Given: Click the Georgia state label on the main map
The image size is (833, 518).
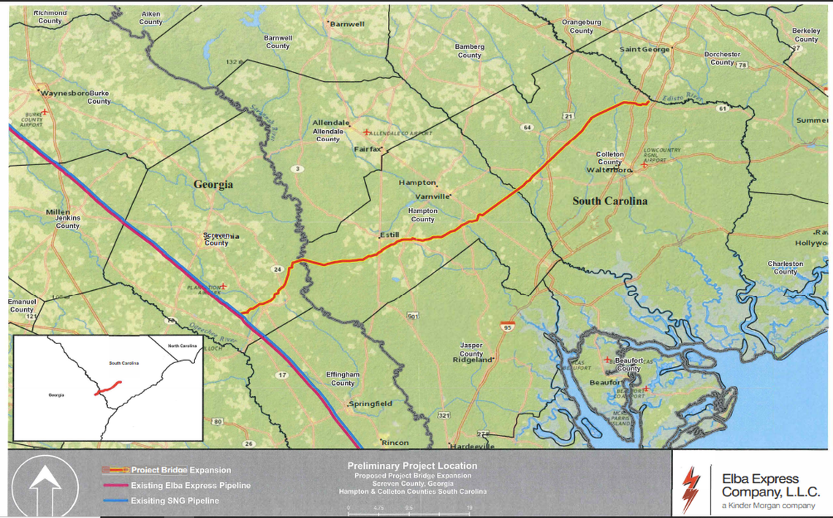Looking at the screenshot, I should click(x=213, y=185).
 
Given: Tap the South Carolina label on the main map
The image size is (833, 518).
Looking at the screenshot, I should click(x=609, y=201).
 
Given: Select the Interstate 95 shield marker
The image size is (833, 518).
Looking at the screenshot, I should click(x=507, y=325).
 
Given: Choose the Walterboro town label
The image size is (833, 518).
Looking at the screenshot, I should click(x=608, y=170).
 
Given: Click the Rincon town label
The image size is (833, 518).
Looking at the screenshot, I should click(x=395, y=443).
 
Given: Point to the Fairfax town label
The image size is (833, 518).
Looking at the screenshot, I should click(x=368, y=148).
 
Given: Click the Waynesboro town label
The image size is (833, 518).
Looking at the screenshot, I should click(x=64, y=94).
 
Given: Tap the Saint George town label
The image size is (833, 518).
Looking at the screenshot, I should click(x=644, y=50).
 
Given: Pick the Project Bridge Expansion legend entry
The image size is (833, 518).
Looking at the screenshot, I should click(x=180, y=470).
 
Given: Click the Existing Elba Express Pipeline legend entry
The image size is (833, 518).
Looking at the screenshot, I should click(x=190, y=485).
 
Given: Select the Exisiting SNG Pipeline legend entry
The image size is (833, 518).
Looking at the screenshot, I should click(x=175, y=500).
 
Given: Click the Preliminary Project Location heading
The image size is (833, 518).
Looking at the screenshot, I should click(x=412, y=465).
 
